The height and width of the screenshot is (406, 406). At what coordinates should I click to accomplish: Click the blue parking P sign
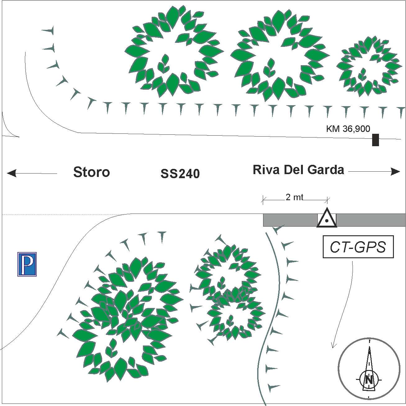pos(27,264)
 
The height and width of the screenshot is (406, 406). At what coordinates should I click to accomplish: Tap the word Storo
pos(92,172)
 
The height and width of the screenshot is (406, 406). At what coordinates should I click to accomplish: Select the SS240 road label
pos(180,174)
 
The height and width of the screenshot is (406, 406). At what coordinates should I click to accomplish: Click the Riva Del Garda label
pos(298,170)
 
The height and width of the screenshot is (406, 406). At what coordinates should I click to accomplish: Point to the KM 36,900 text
pos(348,129)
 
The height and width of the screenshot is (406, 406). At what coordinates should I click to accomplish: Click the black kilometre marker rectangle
pos(376,140)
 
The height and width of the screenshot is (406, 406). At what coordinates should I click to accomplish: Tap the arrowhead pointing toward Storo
pos(11,173)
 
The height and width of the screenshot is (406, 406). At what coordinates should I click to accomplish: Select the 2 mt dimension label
pos(294,197)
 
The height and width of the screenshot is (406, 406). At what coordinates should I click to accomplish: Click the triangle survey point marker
pos(327,219)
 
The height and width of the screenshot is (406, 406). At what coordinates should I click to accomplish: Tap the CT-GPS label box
pos(358,247)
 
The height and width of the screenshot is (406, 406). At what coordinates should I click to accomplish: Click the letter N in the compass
pos(369,380)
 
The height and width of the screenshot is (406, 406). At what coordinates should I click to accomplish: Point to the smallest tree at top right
pos(368,66)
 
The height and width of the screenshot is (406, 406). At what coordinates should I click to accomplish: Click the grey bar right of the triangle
pos(371,220)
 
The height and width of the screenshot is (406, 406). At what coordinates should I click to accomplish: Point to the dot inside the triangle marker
pos(327,221)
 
